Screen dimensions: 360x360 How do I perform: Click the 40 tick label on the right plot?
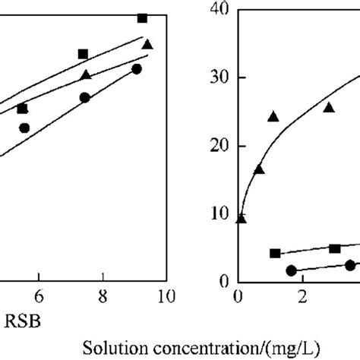[221, 10]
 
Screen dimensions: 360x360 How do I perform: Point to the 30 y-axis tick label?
[221, 77]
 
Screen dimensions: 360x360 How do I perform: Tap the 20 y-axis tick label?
[221, 146]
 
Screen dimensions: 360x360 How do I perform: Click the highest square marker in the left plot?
[142, 17]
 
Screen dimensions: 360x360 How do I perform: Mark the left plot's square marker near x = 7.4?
[83, 54]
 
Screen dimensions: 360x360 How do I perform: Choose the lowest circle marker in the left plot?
[24, 128]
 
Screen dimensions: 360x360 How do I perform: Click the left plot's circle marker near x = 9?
[137, 69]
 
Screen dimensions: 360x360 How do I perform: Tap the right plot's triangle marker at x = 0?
[242, 219]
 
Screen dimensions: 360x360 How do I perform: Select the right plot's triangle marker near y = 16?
[259, 169]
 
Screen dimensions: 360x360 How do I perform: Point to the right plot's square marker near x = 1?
[275, 253]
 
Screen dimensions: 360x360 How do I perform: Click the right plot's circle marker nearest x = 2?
[291, 270]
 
